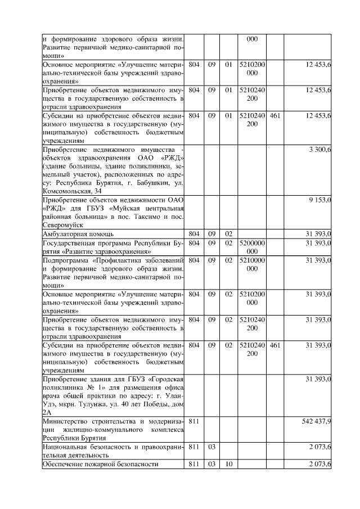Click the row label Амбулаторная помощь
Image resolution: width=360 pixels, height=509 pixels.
tap(78, 233)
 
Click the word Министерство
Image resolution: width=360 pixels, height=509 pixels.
tap(66, 421)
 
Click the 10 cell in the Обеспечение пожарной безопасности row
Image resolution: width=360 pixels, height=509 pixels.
tap(228, 463)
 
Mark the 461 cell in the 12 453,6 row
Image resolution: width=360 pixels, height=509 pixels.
tap(274, 115)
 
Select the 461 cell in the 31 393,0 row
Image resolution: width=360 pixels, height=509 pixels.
tap(274, 345)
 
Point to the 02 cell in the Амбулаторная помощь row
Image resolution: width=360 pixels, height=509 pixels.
tap(228, 233)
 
